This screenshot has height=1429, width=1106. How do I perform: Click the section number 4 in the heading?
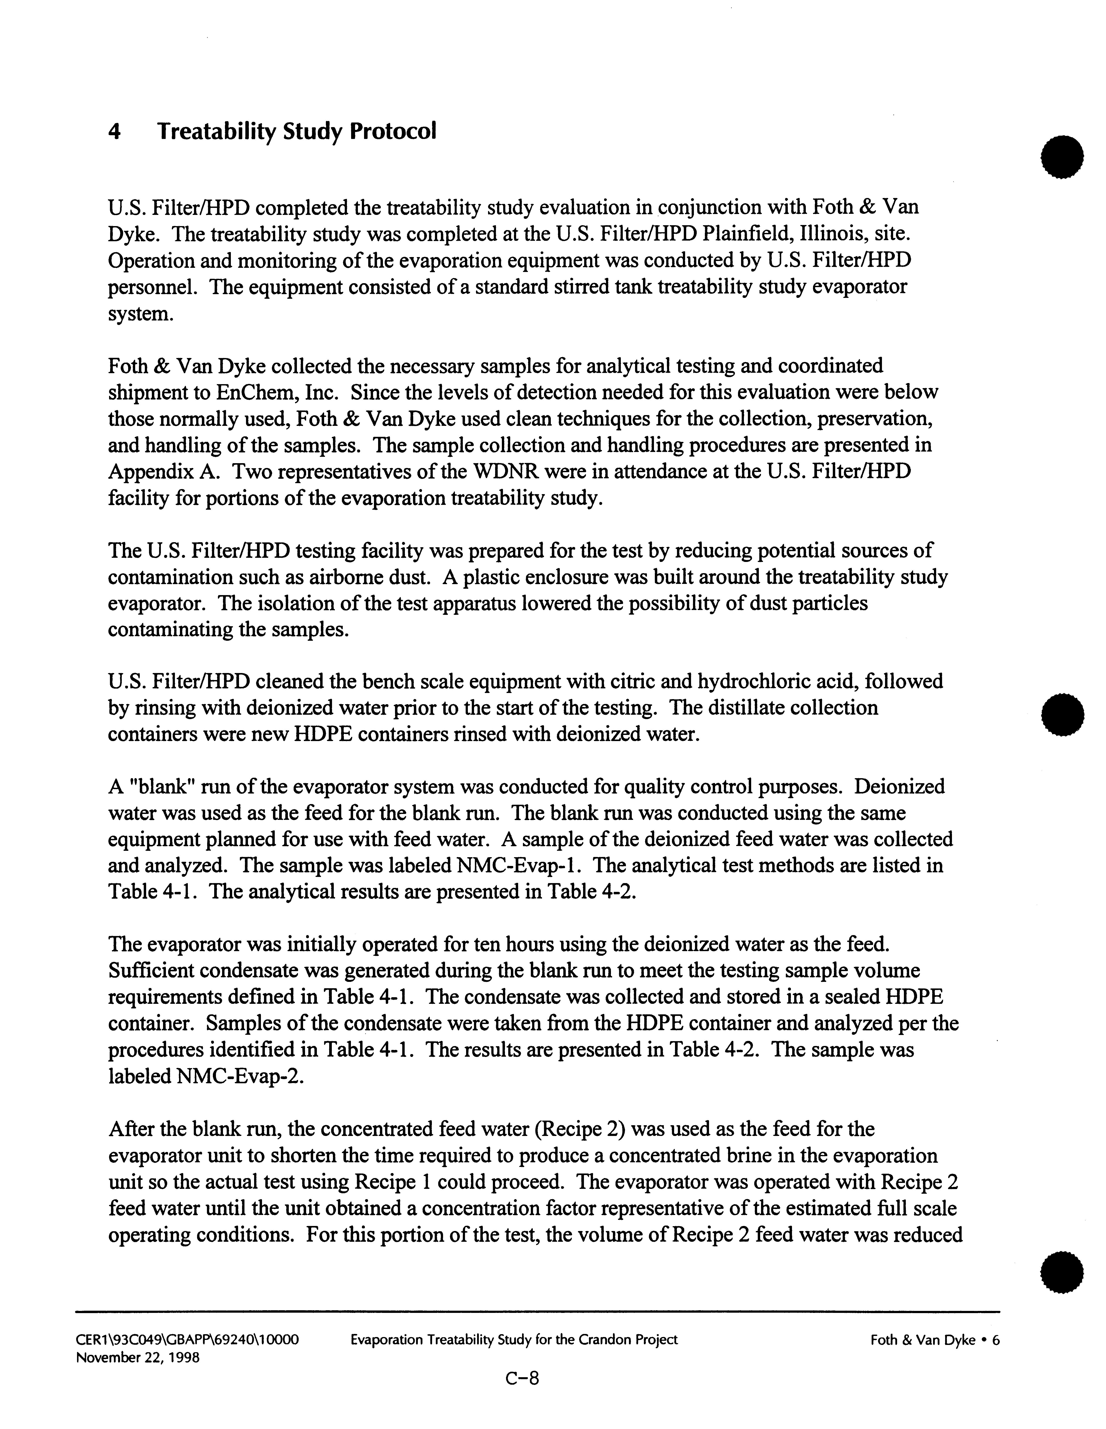pos(114,132)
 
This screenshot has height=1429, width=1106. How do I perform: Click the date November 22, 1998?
pos(138,1358)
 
